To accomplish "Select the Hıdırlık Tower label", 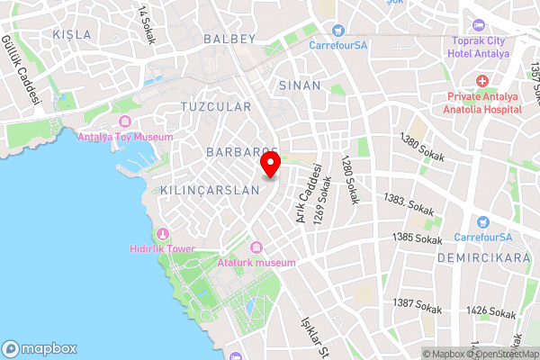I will point(162,247).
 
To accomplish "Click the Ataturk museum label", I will point(256,263).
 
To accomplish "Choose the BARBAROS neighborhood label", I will point(241,151).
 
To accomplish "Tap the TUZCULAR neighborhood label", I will point(216,106).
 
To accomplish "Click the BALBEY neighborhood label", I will point(230,39).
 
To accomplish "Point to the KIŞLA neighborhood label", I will point(72,34).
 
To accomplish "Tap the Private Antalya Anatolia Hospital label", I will point(482,103).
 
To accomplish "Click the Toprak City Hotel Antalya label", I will point(478,48).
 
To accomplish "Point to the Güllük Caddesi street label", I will point(22,71).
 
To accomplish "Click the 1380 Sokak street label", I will point(421,142).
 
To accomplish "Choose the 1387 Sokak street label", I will point(417,305).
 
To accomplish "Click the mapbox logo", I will point(40,348).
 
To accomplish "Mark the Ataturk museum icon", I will point(256,247).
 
